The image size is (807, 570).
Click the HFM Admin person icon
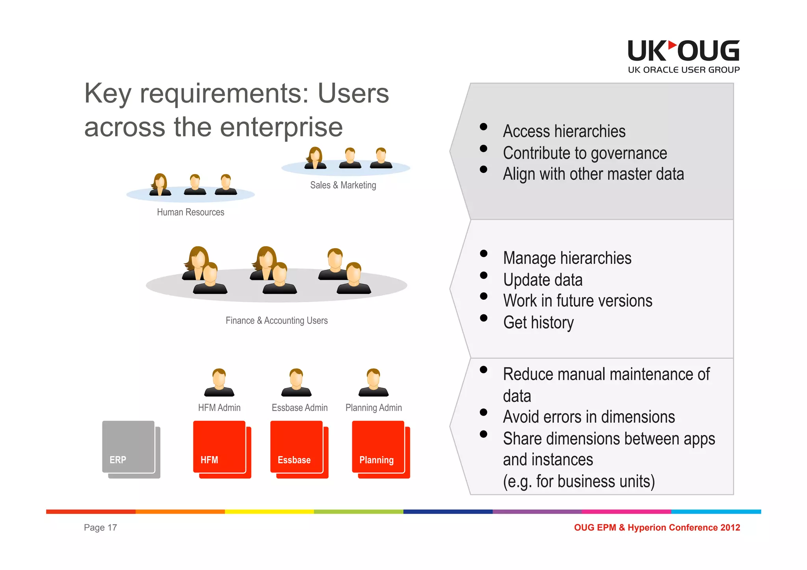(219, 382)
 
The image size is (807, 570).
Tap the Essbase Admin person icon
(296, 382)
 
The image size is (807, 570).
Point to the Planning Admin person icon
(374, 382)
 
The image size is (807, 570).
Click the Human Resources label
(190, 212)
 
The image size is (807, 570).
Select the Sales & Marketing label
(343, 185)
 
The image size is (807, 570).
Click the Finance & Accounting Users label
(277, 321)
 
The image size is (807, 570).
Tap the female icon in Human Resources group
(160, 185)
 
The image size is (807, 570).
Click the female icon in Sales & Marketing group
(315, 158)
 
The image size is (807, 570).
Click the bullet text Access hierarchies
(564, 132)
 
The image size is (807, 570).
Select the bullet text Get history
(538, 323)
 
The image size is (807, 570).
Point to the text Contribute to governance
(585, 153)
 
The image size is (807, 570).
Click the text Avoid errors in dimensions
(589, 417)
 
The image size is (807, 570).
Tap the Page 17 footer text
(100, 528)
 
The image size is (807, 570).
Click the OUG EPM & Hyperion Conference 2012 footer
(657, 528)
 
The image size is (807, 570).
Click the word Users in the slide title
(353, 94)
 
